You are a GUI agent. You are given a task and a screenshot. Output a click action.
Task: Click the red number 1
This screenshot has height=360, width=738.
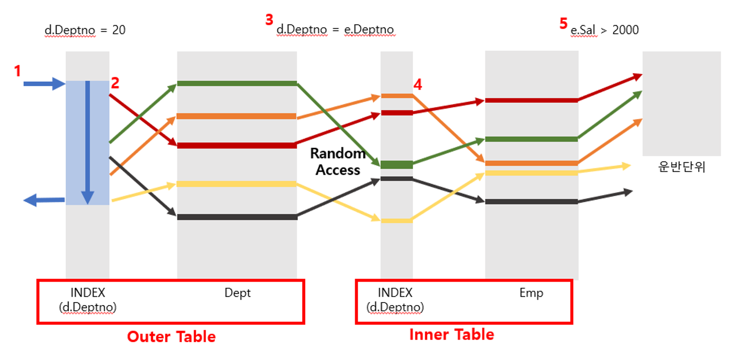click(17, 71)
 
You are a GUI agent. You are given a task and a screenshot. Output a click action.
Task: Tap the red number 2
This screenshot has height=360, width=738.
click(115, 83)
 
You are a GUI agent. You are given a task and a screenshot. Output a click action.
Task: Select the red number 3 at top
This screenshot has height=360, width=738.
click(269, 20)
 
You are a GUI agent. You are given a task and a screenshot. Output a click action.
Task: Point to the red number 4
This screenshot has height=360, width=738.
click(418, 85)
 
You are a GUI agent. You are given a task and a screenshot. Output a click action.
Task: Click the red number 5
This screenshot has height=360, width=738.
click(564, 24)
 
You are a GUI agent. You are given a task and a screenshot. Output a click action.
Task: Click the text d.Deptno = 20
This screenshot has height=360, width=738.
click(85, 30)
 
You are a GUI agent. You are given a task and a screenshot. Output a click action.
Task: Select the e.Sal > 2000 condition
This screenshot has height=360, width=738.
click(604, 30)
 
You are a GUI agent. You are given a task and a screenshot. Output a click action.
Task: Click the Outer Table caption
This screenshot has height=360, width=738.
click(171, 337)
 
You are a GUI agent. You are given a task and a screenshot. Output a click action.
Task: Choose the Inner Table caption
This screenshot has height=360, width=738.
click(452, 335)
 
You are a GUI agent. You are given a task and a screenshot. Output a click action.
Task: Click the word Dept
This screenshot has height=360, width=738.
click(238, 293)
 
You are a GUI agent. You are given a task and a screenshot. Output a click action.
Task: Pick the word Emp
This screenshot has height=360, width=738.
click(531, 293)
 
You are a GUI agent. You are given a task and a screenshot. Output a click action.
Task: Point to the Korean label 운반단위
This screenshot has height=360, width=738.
click(682, 167)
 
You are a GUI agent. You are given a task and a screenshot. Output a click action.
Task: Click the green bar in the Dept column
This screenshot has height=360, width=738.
click(237, 83)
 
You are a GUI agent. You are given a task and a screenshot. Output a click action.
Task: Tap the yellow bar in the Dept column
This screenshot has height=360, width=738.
click(237, 184)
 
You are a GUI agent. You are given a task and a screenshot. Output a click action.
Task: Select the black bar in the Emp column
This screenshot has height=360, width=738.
click(531, 202)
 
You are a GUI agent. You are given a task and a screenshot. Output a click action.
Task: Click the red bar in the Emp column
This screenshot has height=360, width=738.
click(531, 101)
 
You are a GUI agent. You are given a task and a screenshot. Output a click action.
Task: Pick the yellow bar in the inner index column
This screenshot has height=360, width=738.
click(396, 221)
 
